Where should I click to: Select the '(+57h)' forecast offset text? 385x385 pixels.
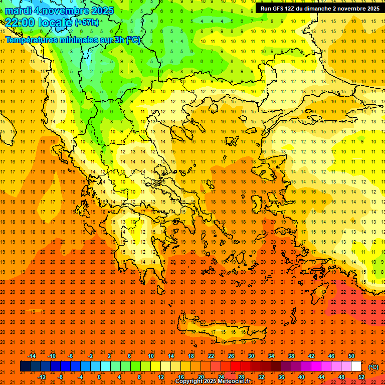86,23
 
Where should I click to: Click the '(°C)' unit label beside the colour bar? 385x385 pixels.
373,367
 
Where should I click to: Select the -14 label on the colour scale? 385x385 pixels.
32,356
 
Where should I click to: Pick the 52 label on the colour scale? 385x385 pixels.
361,377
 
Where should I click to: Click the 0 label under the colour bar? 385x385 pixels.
99,377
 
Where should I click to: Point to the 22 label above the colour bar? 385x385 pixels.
211,356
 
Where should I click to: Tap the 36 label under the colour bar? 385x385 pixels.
281,377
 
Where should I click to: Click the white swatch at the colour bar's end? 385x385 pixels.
356,366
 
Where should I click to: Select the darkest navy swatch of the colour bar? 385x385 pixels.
25,366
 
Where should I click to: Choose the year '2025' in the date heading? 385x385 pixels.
99,11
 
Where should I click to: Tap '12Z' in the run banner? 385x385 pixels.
290,9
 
